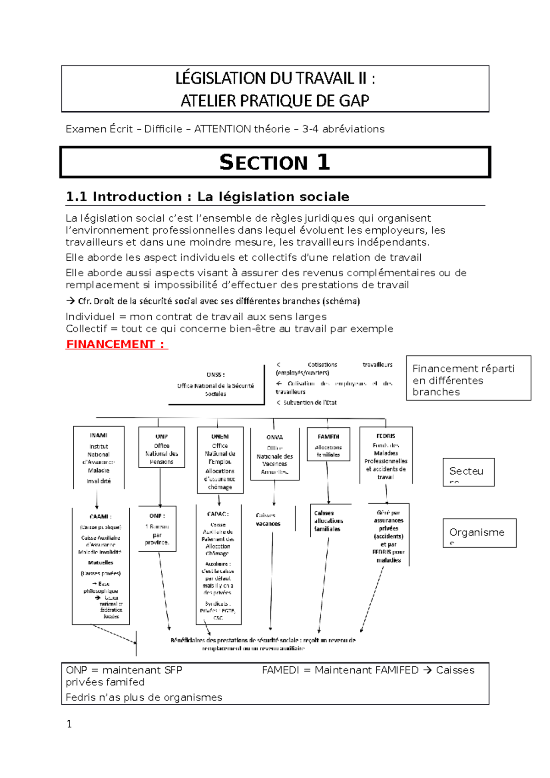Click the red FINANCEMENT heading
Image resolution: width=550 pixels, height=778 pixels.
(x=116, y=344)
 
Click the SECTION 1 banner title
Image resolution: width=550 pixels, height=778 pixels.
(x=275, y=162)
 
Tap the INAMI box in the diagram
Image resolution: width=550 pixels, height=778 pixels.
(x=99, y=458)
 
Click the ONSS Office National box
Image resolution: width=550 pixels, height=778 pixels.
(x=216, y=384)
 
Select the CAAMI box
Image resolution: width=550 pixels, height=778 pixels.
(x=101, y=566)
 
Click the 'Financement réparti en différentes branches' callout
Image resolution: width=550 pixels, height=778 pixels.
(x=468, y=379)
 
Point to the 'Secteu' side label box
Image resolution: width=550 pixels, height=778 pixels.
(x=468, y=471)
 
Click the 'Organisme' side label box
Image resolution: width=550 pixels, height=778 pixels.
(x=479, y=533)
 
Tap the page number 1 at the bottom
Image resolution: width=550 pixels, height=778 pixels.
(x=69, y=724)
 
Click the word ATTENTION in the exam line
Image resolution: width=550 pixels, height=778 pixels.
(x=222, y=129)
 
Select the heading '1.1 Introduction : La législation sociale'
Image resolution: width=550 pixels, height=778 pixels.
(x=208, y=197)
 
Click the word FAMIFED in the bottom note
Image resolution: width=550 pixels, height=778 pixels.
(x=389, y=670)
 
